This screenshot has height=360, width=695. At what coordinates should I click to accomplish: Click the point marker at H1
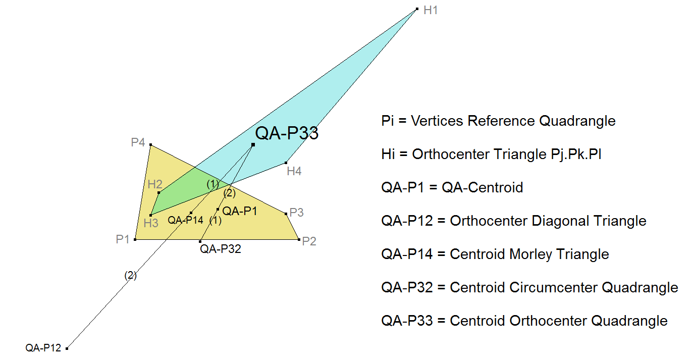(417, 9)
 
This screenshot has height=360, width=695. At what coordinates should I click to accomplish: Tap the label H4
(294, 171)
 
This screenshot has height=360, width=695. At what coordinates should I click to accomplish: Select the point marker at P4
(151, 145)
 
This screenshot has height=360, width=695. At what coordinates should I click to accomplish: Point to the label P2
(309, 241)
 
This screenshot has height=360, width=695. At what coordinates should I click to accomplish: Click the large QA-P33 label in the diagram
(287, 134)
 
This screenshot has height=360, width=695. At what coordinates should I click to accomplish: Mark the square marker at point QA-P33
(253, 145)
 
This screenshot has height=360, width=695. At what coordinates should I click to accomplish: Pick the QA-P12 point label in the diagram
(43, 348)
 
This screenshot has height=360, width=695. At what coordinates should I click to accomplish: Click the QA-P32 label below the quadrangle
(221, 248)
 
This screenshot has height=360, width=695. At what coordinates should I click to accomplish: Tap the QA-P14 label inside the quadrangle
(185, 220)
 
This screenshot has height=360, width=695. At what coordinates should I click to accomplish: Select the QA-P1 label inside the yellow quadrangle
(240, 211)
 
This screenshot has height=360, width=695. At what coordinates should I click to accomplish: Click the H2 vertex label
(155, 184)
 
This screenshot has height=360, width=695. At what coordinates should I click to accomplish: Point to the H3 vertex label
(151, 223)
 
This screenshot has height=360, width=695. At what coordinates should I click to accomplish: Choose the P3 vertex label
(297, 213)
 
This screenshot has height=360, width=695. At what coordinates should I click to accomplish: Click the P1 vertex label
(123, 239)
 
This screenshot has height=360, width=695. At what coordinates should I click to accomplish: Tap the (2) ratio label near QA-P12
(130, 276)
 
